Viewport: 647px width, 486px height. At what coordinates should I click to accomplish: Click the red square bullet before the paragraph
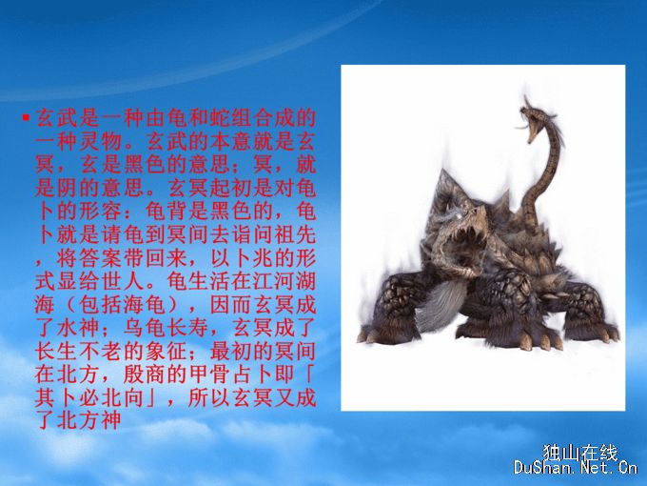pyautogui.click(x=26, y=118)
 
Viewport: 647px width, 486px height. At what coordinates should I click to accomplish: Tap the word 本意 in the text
pyautogui.click(x=252, y=142)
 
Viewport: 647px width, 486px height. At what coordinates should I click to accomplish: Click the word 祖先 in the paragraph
pyautogui.click(x=296, y=234)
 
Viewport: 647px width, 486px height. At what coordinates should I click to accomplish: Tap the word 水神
pyautogui.click(x=78, y=328)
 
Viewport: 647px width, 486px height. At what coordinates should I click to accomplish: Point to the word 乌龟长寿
pyautogui.click(x=165, y=328)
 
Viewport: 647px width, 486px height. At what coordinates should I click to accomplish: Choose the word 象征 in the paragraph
pyautogui.click(x=165, y=352)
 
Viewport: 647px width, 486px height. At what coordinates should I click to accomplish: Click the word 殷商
pyautogui.click(x=143, y=375)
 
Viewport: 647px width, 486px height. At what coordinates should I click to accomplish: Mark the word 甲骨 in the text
pyautogui.click(x=208, y=375)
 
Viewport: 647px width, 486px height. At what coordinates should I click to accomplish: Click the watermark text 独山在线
pyautogui.click(x=579, y=453)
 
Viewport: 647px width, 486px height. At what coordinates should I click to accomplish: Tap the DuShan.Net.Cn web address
pyautogui.click(x=576, y=468)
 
